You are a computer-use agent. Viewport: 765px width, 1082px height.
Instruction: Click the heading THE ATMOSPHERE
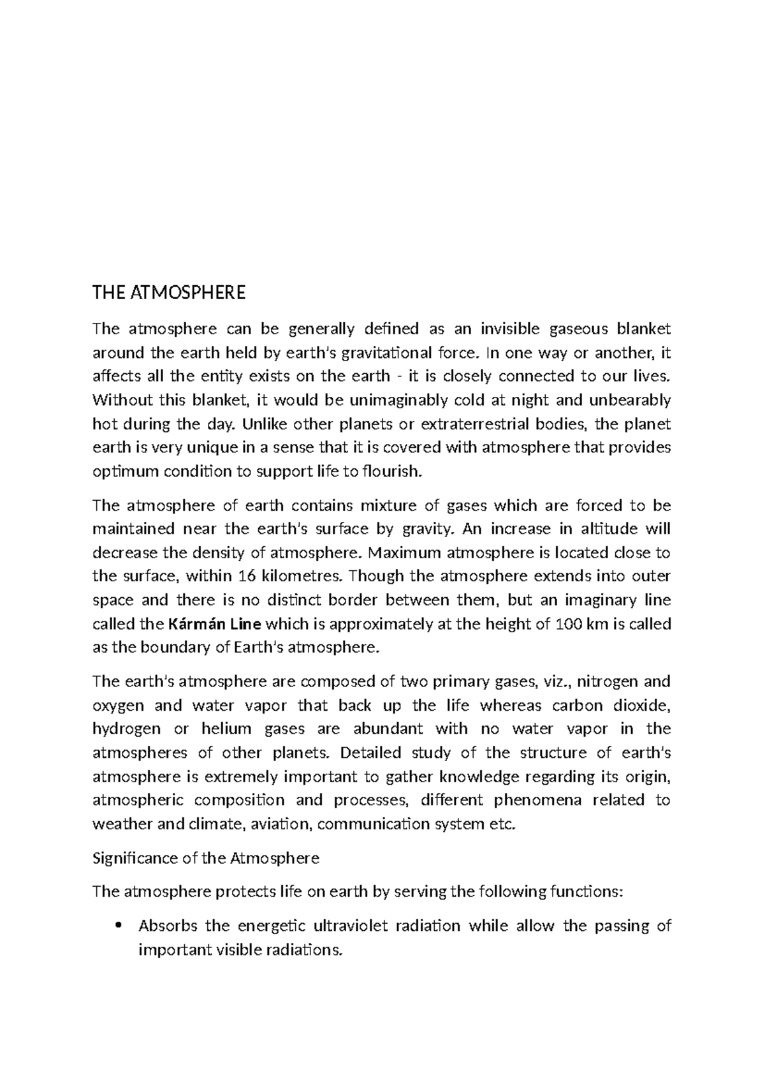click(168, 293)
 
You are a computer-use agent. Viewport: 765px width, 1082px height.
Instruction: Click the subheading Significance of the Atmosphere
click(205, 858)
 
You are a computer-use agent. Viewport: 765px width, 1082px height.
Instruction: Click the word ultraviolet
click(349, 926)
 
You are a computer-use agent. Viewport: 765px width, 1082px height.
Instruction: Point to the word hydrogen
click(122, 729)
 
